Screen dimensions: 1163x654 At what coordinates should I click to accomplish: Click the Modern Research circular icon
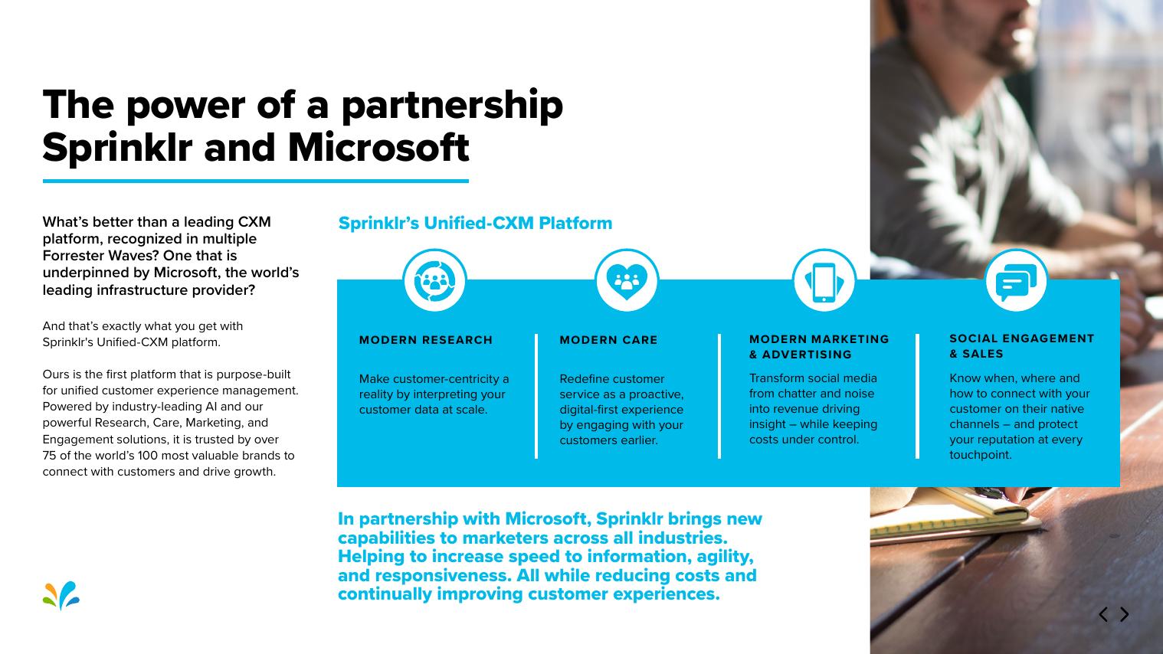click(x=434, y=280)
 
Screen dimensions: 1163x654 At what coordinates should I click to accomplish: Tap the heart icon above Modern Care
click(x=627, y=280)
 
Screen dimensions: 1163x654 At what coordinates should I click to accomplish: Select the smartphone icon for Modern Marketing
click(x=824, y=280)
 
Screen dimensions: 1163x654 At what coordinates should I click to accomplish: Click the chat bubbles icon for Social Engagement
click(x=1015, y=280)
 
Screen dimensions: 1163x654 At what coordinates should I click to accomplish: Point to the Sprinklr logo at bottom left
click(x=61, y=596)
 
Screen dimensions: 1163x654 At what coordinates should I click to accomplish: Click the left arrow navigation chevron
click(x=1103, y=614)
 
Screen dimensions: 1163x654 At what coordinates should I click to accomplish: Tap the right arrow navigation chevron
click(x=1125, y=614)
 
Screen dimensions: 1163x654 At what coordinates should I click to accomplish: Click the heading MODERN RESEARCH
click(x=426, y=340)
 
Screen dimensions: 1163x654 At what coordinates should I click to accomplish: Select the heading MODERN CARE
click(x=608, y=340)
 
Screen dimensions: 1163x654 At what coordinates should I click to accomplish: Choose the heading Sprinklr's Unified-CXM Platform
click(x=475, y=224)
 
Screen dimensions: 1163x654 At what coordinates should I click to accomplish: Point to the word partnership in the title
click(x=451, y=105)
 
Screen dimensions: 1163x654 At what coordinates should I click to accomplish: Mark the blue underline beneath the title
click(x=255, y=181)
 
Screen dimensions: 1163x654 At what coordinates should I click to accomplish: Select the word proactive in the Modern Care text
click(x=657, y=394)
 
